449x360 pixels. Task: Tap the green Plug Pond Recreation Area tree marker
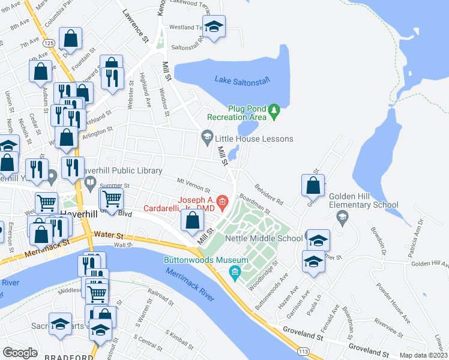click(x=274, y=110)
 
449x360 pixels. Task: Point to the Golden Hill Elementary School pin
click(x=343, y=220)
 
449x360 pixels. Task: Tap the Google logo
click(x=20, y=353)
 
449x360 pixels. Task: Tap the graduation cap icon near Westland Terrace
click(x=213, y=26)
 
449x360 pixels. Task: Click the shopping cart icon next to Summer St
click(x=110, y=199)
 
